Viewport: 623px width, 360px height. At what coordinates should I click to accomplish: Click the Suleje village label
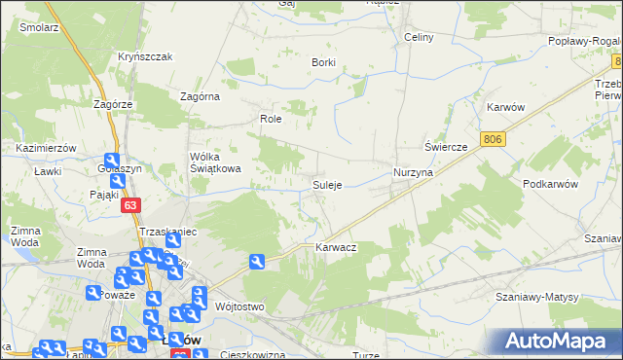tap(326, 185)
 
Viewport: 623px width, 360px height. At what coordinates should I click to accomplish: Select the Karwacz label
tap(336, 248)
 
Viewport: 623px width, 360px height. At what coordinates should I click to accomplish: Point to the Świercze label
tap(447, 146)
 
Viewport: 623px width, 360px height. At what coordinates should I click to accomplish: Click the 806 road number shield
tap(493, 140)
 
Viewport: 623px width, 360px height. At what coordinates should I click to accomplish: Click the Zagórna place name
tap(201, 96)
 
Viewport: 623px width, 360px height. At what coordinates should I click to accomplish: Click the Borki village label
tap(323, 62)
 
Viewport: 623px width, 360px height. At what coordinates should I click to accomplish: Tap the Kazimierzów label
tap(46, 147)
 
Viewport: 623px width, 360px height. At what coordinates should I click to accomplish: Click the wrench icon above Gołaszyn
tap(112, 162)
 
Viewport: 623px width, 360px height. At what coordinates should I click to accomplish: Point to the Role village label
tap(270, 119)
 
